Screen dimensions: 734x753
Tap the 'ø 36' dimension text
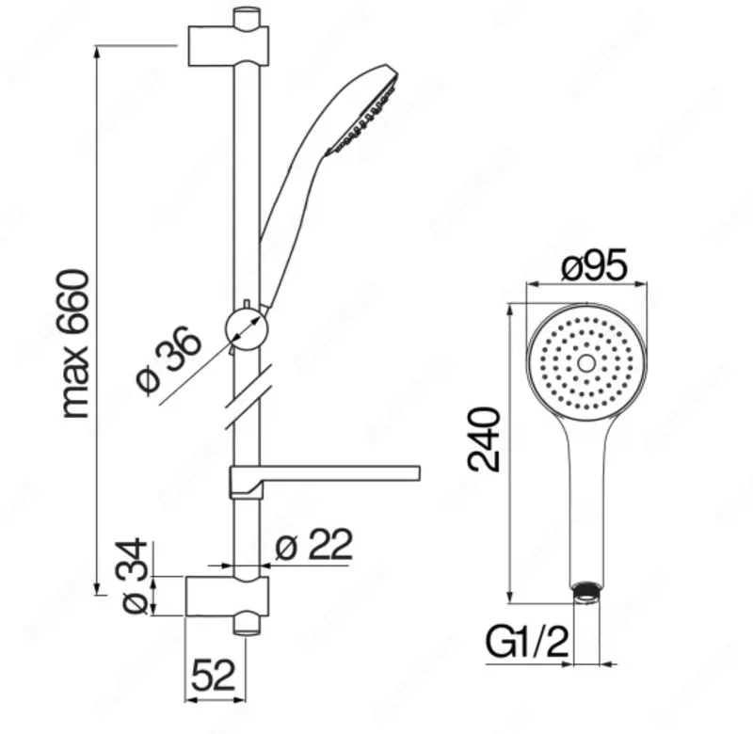click(x=169, y=359)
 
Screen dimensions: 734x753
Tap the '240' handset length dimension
click(x=484, y=439)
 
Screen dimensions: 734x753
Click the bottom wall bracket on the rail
click(x=229, y=597)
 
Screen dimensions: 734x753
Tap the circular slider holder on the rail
click(x=248, y=328)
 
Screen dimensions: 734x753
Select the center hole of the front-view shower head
click(x=585, y=362)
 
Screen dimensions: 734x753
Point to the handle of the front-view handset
click(x=585, y=499)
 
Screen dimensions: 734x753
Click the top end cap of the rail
click(x=247, y=16)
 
